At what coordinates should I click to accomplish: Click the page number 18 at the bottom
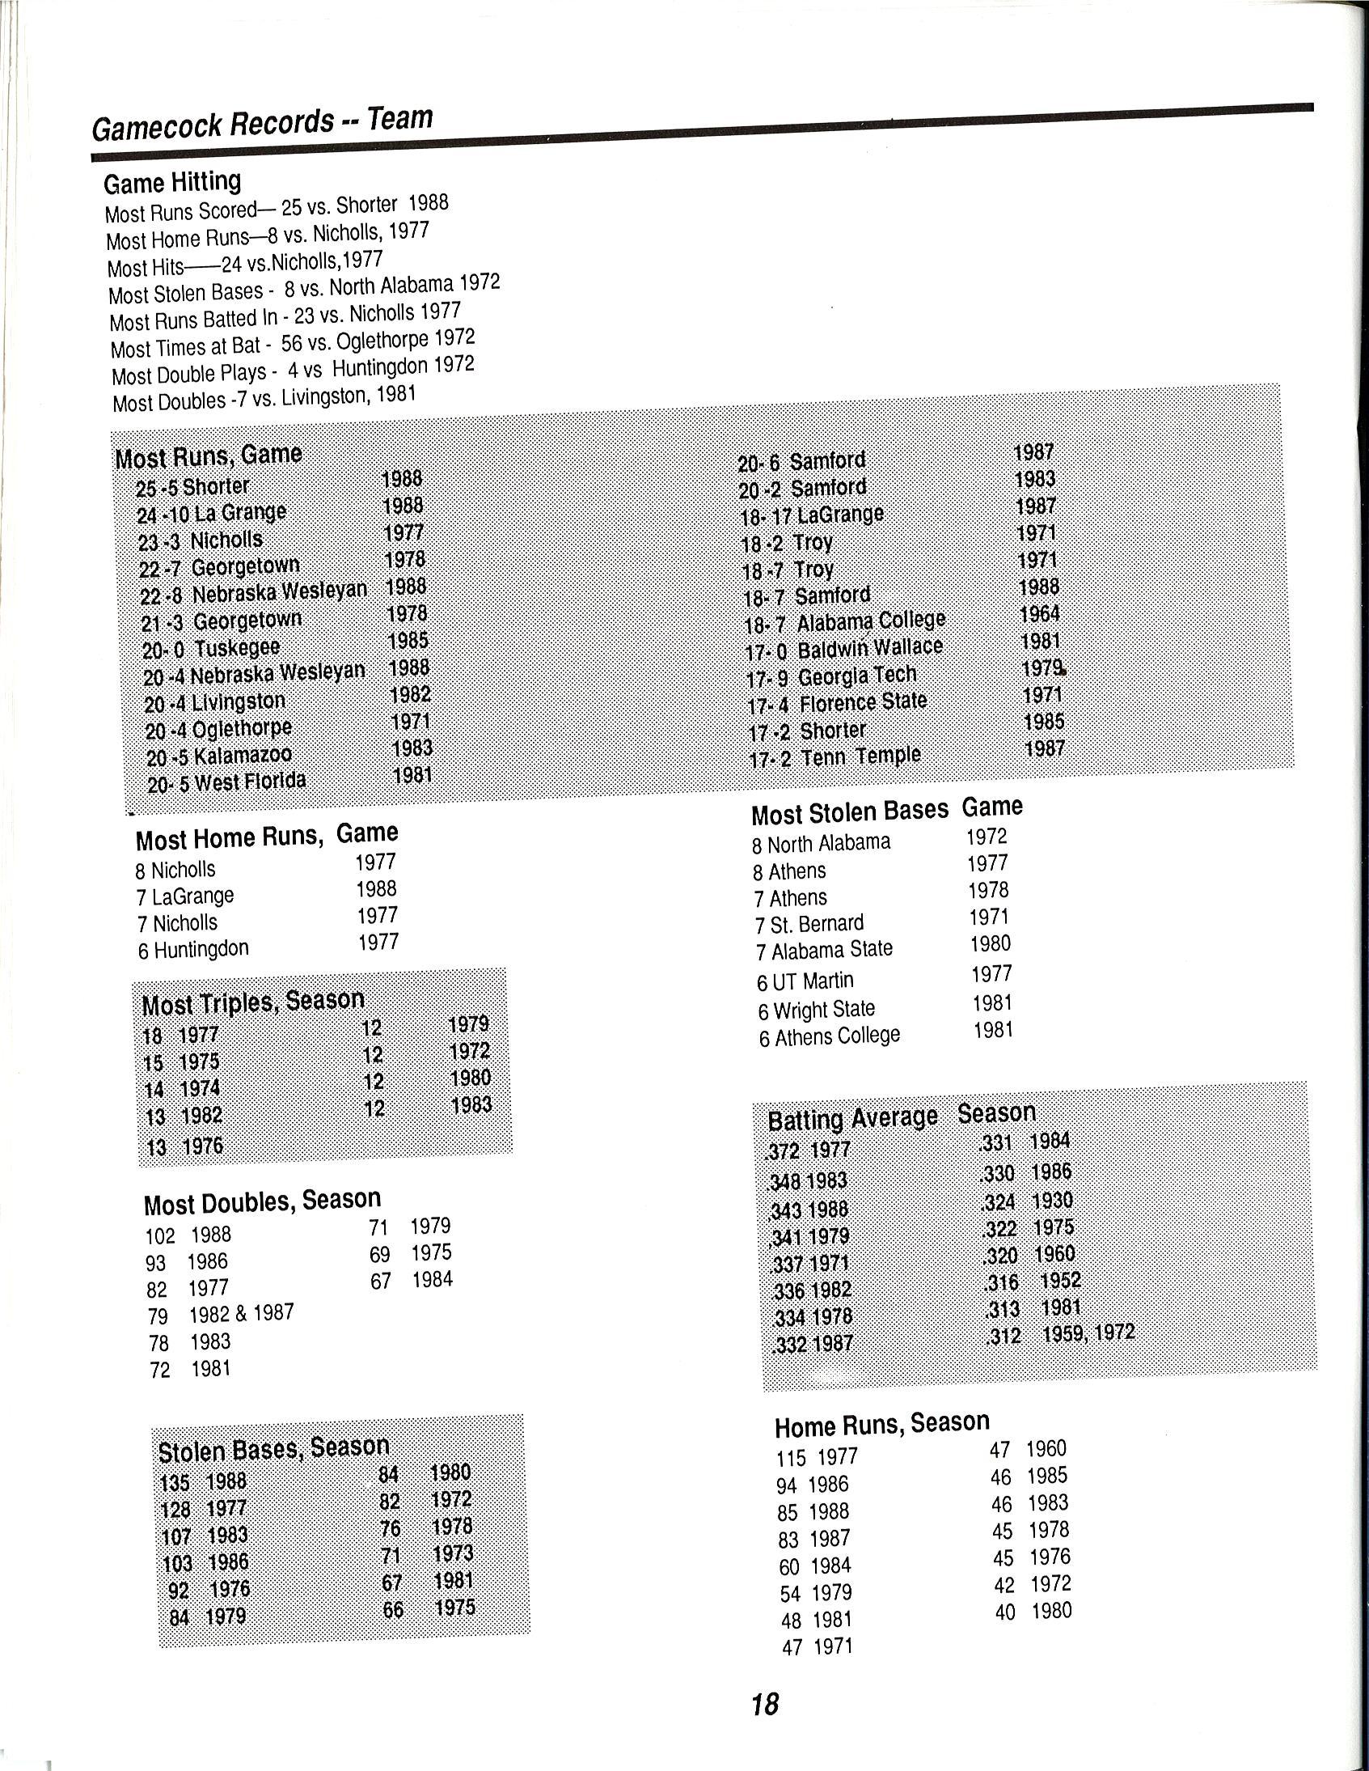[x=764, y=1705]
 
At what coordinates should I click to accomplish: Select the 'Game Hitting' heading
[x=172, y=183]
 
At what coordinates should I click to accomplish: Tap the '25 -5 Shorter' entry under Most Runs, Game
[x=193, y=487]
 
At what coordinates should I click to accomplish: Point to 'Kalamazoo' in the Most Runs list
[x=243, y=756]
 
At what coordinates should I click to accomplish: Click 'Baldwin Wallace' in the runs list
[x=870, y=648]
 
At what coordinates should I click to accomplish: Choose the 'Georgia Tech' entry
[x=857, y=676]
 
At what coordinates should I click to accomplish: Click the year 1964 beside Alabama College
[x=1039, y=614]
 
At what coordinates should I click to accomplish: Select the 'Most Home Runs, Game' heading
[x=267, y=836]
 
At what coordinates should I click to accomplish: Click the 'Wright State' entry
[x=824, y=1010]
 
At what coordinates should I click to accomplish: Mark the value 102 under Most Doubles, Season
[x=160, y=1235]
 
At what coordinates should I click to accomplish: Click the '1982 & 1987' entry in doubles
[x=242, y=1313]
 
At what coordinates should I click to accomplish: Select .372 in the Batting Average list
[x=783, y=1151]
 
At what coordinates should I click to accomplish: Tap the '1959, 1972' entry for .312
[x=1088, y=1333]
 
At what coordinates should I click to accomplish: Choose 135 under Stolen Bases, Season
[x=175, y=1483]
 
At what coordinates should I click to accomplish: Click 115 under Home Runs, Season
[x=791, y=1458]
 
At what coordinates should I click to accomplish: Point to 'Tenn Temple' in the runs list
[x=861, y=756]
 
